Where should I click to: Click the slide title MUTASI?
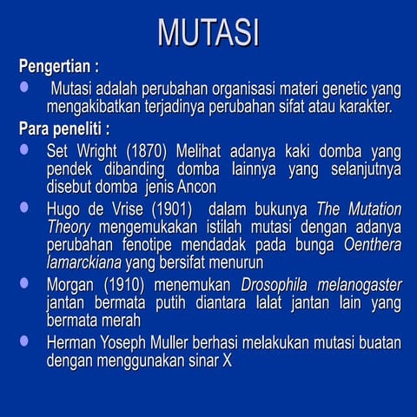click(x=208, y=32)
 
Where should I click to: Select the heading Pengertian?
click(x=58, y=66)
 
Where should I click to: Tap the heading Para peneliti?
click(x=63, y=129)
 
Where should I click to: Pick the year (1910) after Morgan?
click(x=129, y=285)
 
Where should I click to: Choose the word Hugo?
click(x=66, y=209)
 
